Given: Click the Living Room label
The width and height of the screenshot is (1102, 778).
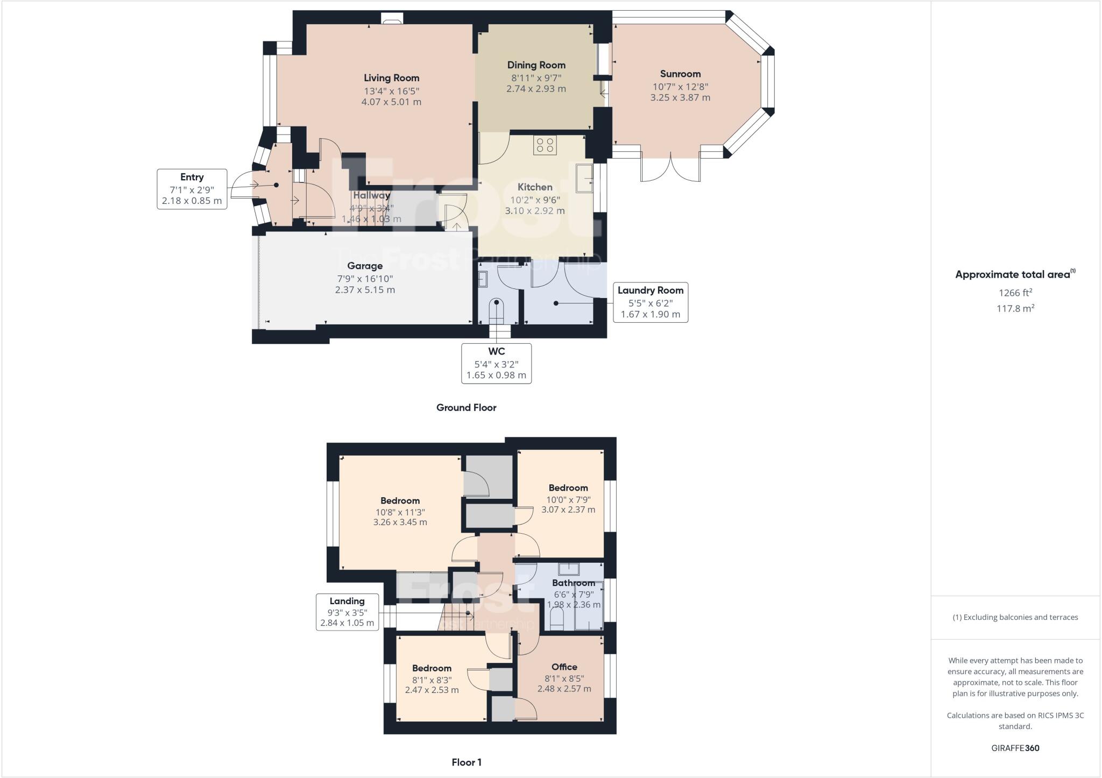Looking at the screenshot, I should pos(391,78).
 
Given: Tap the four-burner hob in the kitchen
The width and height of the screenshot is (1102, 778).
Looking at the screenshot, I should pos(545,145).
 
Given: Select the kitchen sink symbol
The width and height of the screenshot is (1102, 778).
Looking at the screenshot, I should pos(584,178).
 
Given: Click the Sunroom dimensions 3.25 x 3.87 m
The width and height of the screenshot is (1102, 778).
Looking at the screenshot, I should pos(680,97).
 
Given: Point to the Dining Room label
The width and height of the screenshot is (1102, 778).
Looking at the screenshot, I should pos(536,65).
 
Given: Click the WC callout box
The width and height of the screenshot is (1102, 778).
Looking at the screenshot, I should pos(496,363).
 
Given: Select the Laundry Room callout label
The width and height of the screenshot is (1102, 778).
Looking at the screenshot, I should pos(650,291).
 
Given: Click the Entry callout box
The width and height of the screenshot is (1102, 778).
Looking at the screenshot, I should pos(192,189).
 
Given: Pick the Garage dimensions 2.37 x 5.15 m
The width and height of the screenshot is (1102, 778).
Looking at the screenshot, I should pos(365,289).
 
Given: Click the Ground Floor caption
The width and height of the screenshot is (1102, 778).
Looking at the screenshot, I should pos(466,407).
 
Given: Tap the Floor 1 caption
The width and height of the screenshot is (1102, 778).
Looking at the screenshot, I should pos(466,762).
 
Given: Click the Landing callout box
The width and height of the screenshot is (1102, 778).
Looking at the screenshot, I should pos(347,612).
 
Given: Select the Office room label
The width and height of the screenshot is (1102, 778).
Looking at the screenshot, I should pos(564,667).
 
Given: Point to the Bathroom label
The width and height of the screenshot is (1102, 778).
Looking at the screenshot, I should pos(573,583).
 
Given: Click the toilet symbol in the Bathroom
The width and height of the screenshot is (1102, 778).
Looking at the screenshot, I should pos(557,619).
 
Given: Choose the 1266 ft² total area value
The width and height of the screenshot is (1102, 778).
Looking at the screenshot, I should pos(1015,293).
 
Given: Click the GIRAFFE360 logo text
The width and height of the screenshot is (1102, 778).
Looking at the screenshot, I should pos(1015,748).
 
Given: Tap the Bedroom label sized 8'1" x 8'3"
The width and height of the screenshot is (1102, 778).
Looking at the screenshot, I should pos(432,668).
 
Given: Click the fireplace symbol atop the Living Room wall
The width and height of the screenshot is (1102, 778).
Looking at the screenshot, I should pos(391,19).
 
